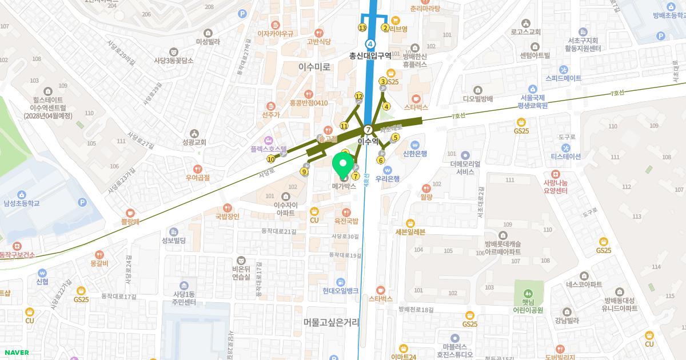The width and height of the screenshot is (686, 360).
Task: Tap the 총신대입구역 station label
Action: point(370,55)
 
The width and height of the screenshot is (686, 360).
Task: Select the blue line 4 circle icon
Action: point(371,43)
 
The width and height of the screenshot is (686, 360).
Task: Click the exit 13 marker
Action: point(362,27)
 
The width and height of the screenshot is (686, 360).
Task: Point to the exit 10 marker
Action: point(270,159)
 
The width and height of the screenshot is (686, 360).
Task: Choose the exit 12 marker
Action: point(359,96)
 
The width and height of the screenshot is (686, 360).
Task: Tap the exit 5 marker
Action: point(394,137)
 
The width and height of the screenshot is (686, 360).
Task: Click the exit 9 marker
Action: point(304,171)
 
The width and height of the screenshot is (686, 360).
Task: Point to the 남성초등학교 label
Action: point(22,203)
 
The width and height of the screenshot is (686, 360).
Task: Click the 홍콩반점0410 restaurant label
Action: point(309,103)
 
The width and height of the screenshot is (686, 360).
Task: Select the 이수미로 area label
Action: point(314,67)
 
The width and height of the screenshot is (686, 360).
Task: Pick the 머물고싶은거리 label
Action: point(332,323)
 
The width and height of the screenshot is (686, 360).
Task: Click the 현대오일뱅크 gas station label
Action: point(340,290)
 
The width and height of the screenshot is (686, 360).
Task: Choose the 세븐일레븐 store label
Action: point(410,231)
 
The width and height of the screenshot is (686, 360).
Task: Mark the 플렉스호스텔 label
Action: point(268,148)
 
